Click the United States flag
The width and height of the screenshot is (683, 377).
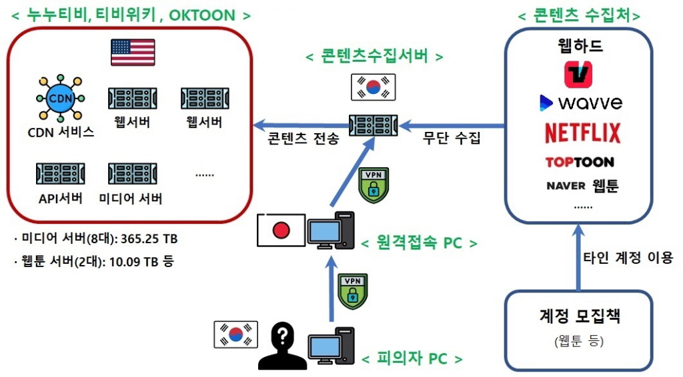point(133,53)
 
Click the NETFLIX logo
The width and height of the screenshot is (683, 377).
point(582,133)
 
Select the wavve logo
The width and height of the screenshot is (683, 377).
point(580,103)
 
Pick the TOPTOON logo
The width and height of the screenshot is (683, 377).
point(579,162)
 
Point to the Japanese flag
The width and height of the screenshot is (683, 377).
point(281,230)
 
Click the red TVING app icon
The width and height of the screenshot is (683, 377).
point(578,75)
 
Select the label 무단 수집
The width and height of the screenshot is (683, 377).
point(452,140)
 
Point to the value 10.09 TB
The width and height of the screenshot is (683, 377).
point(137,260)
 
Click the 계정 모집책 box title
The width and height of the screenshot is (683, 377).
point(579,316)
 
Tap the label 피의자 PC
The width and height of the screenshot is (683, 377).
point(412,360)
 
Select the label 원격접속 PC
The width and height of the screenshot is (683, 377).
point(420,243)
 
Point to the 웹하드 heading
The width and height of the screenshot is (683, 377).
point(580,47)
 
